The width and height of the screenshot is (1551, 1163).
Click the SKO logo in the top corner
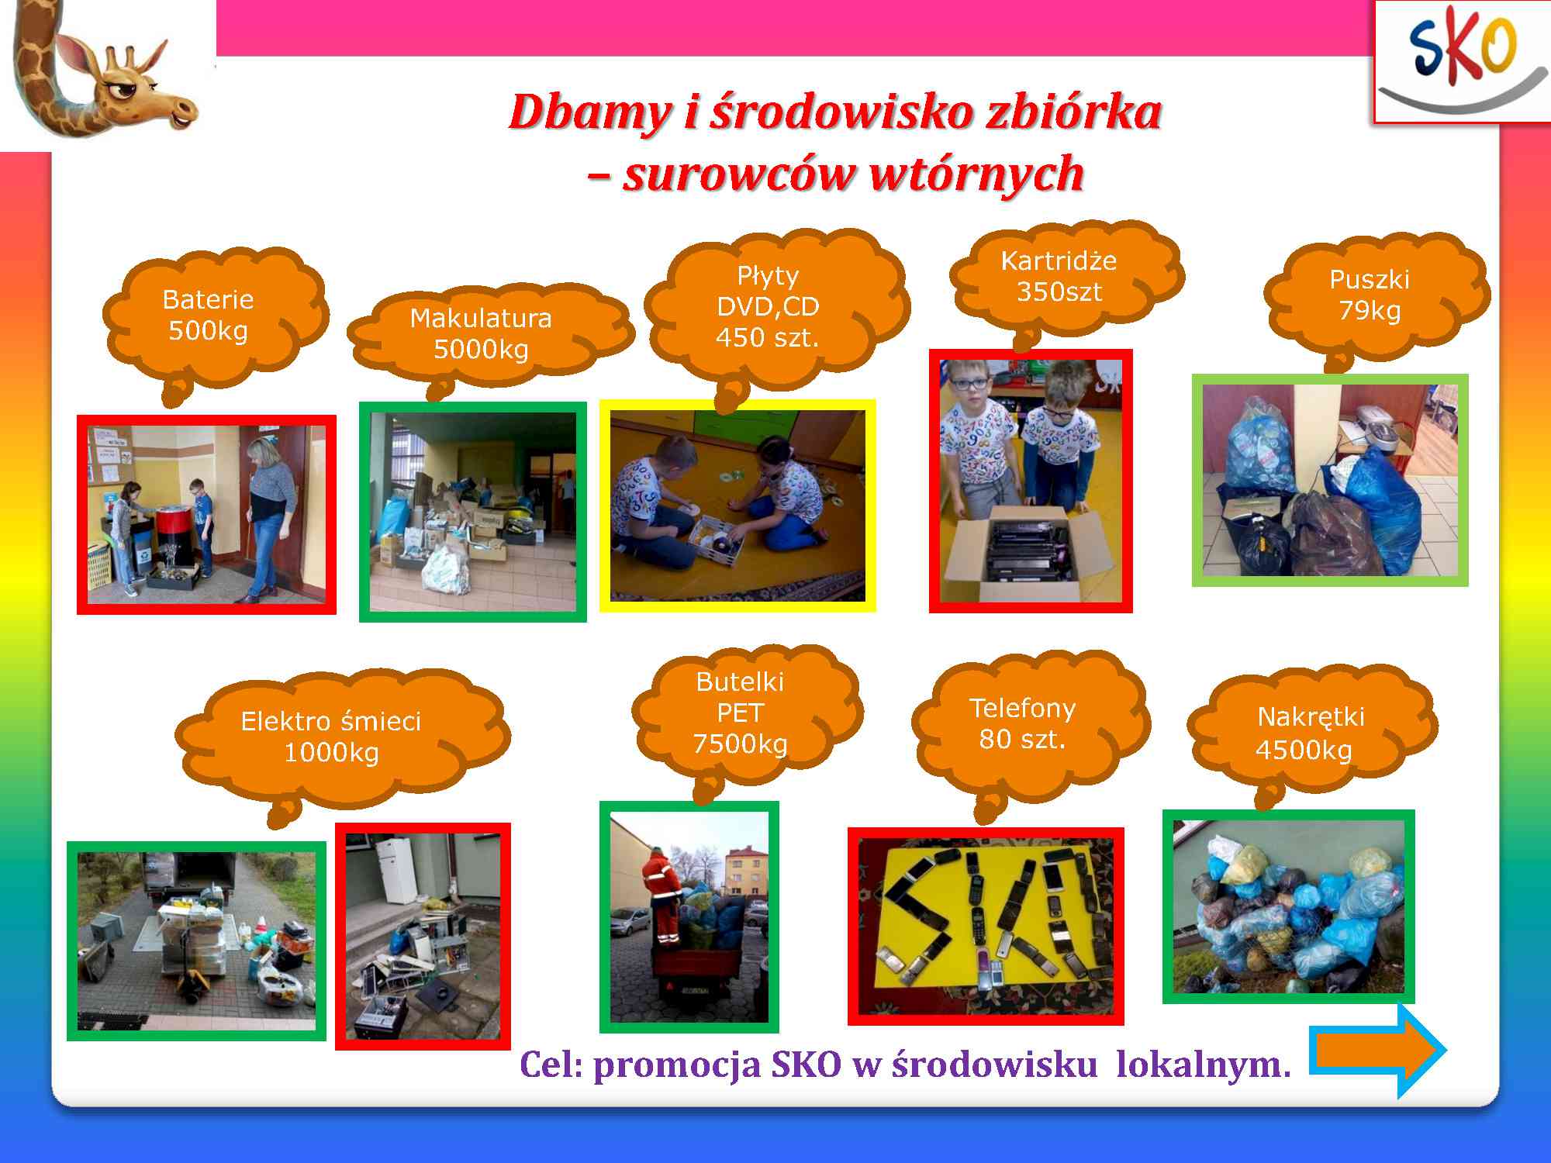pyautogui.click(x=1462, y=62)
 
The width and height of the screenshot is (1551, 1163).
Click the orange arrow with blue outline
pyautogui.click(x=1377, y=1050)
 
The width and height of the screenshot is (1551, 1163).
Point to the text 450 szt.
pyautogui.click(x=767, y=338)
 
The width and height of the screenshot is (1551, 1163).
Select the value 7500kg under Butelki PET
pyautogui.click(x=740, y=744)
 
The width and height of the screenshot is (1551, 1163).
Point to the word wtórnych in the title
pyautogui.click(x=976, y=174)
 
